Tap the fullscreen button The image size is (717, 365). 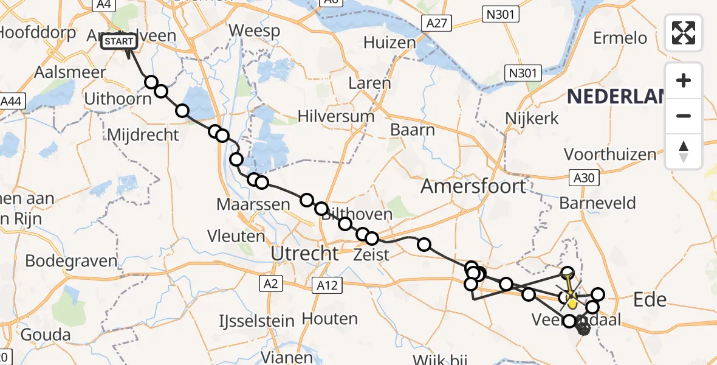click(684, 32)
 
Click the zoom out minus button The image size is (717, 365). click(684, 116)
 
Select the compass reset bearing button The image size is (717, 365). click(684, 151)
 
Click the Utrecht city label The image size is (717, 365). click(304, 253)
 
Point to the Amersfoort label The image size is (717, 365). click(474, 186)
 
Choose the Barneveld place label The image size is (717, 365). click(597, 203)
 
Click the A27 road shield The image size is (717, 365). click(437, 24)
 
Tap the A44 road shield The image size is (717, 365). click(12, 102)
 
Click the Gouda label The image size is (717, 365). click(45, 335)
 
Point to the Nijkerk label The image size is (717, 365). click(533, 118)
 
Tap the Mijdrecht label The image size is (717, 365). click(143, 134)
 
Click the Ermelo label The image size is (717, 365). click(620, 38)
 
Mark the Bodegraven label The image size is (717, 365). click(71, 261)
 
